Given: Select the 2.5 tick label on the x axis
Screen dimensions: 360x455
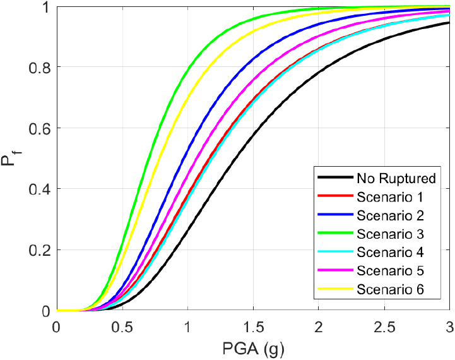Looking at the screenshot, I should click(x=384, y=327).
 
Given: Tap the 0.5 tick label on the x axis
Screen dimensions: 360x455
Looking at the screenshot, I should click(x=122, y=327).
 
